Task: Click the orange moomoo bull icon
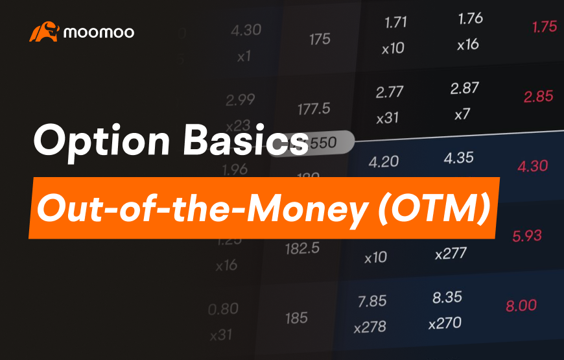tap(44, 32)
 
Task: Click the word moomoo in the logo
tap(99, 32)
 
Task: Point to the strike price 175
tap(320, 40)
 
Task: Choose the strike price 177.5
tap(314, 108)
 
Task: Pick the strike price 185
tap(296, 318)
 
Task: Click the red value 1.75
tap(544, 27)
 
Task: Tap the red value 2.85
tap(539, 96)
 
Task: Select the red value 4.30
tap(533, 166)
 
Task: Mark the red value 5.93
tap(526, 236)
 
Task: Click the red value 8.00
tap(521, 306)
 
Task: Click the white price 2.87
tap(464, 90)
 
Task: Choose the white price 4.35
tap(458, 158)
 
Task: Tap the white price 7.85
tap(371, 301)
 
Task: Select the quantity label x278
tap(370, 328)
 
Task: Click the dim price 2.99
tap(241, 100)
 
